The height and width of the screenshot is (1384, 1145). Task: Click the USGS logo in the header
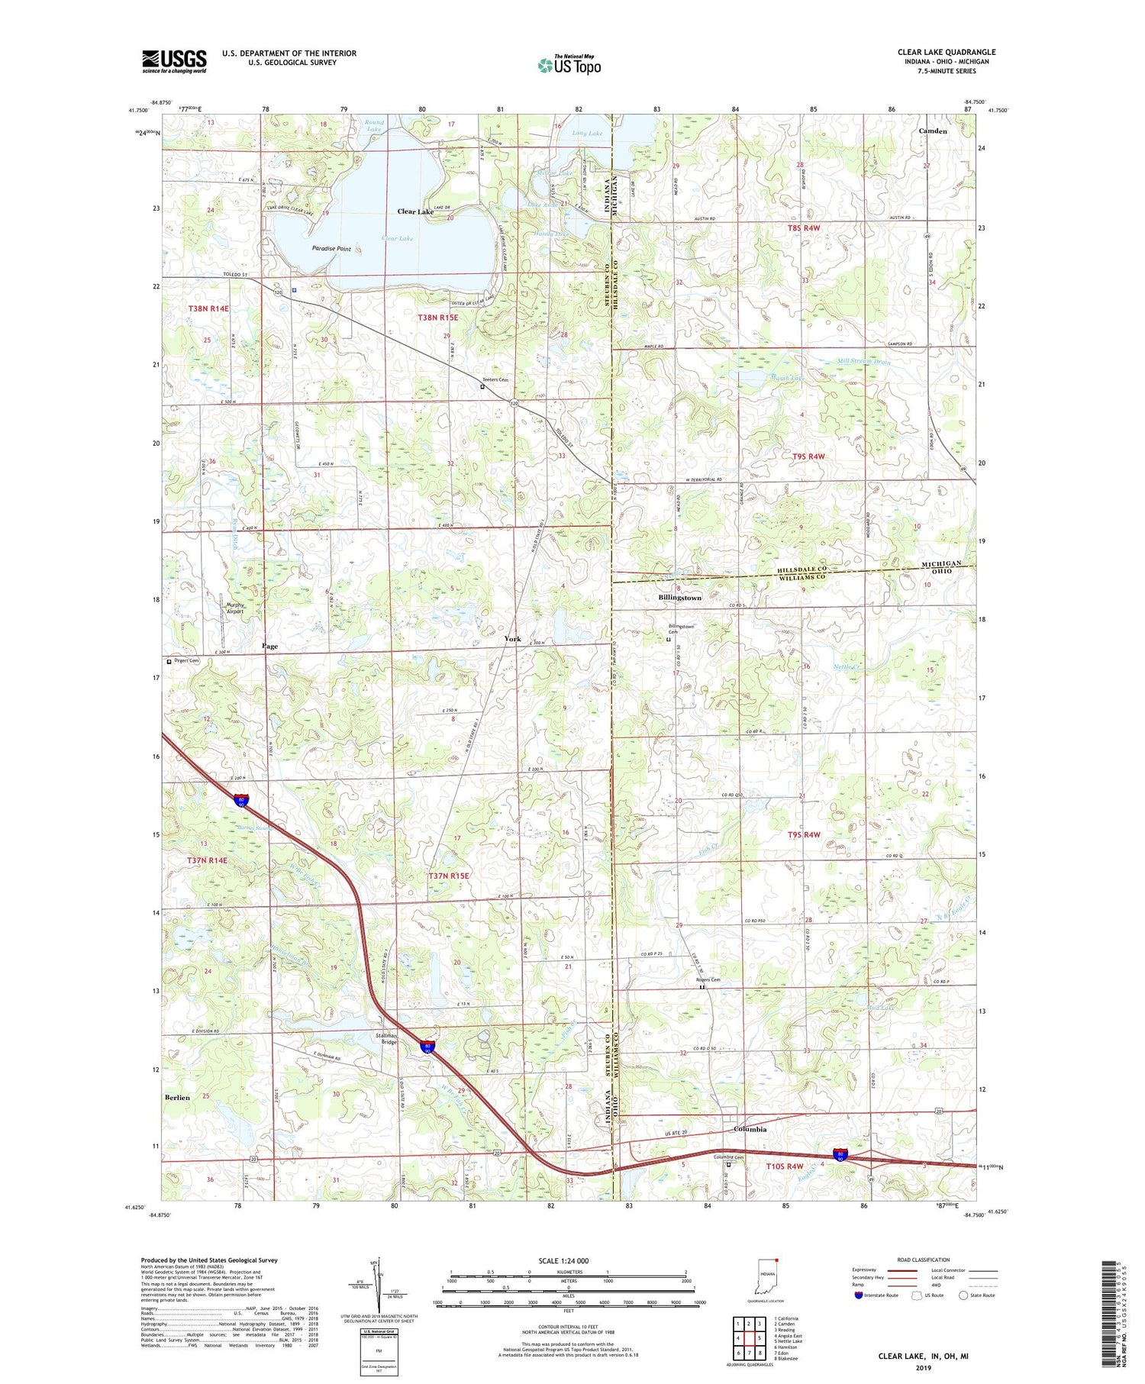[174, 61]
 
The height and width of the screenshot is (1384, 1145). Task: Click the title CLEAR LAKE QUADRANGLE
[946, 52]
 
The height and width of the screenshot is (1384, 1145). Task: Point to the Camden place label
[932, 131]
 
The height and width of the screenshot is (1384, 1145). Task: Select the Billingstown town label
[679, 598]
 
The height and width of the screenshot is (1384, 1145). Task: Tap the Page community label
[269, 646]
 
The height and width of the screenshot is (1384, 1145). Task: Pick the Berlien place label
[176, 1097]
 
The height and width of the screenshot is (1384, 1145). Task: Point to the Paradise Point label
[331, 249]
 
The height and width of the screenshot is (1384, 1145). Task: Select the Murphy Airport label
[235, 608]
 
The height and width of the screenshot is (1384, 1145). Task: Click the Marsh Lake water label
[786, 378]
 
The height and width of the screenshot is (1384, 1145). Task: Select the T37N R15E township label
[449, 876]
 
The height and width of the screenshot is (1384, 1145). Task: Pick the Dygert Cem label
[187, 661]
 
